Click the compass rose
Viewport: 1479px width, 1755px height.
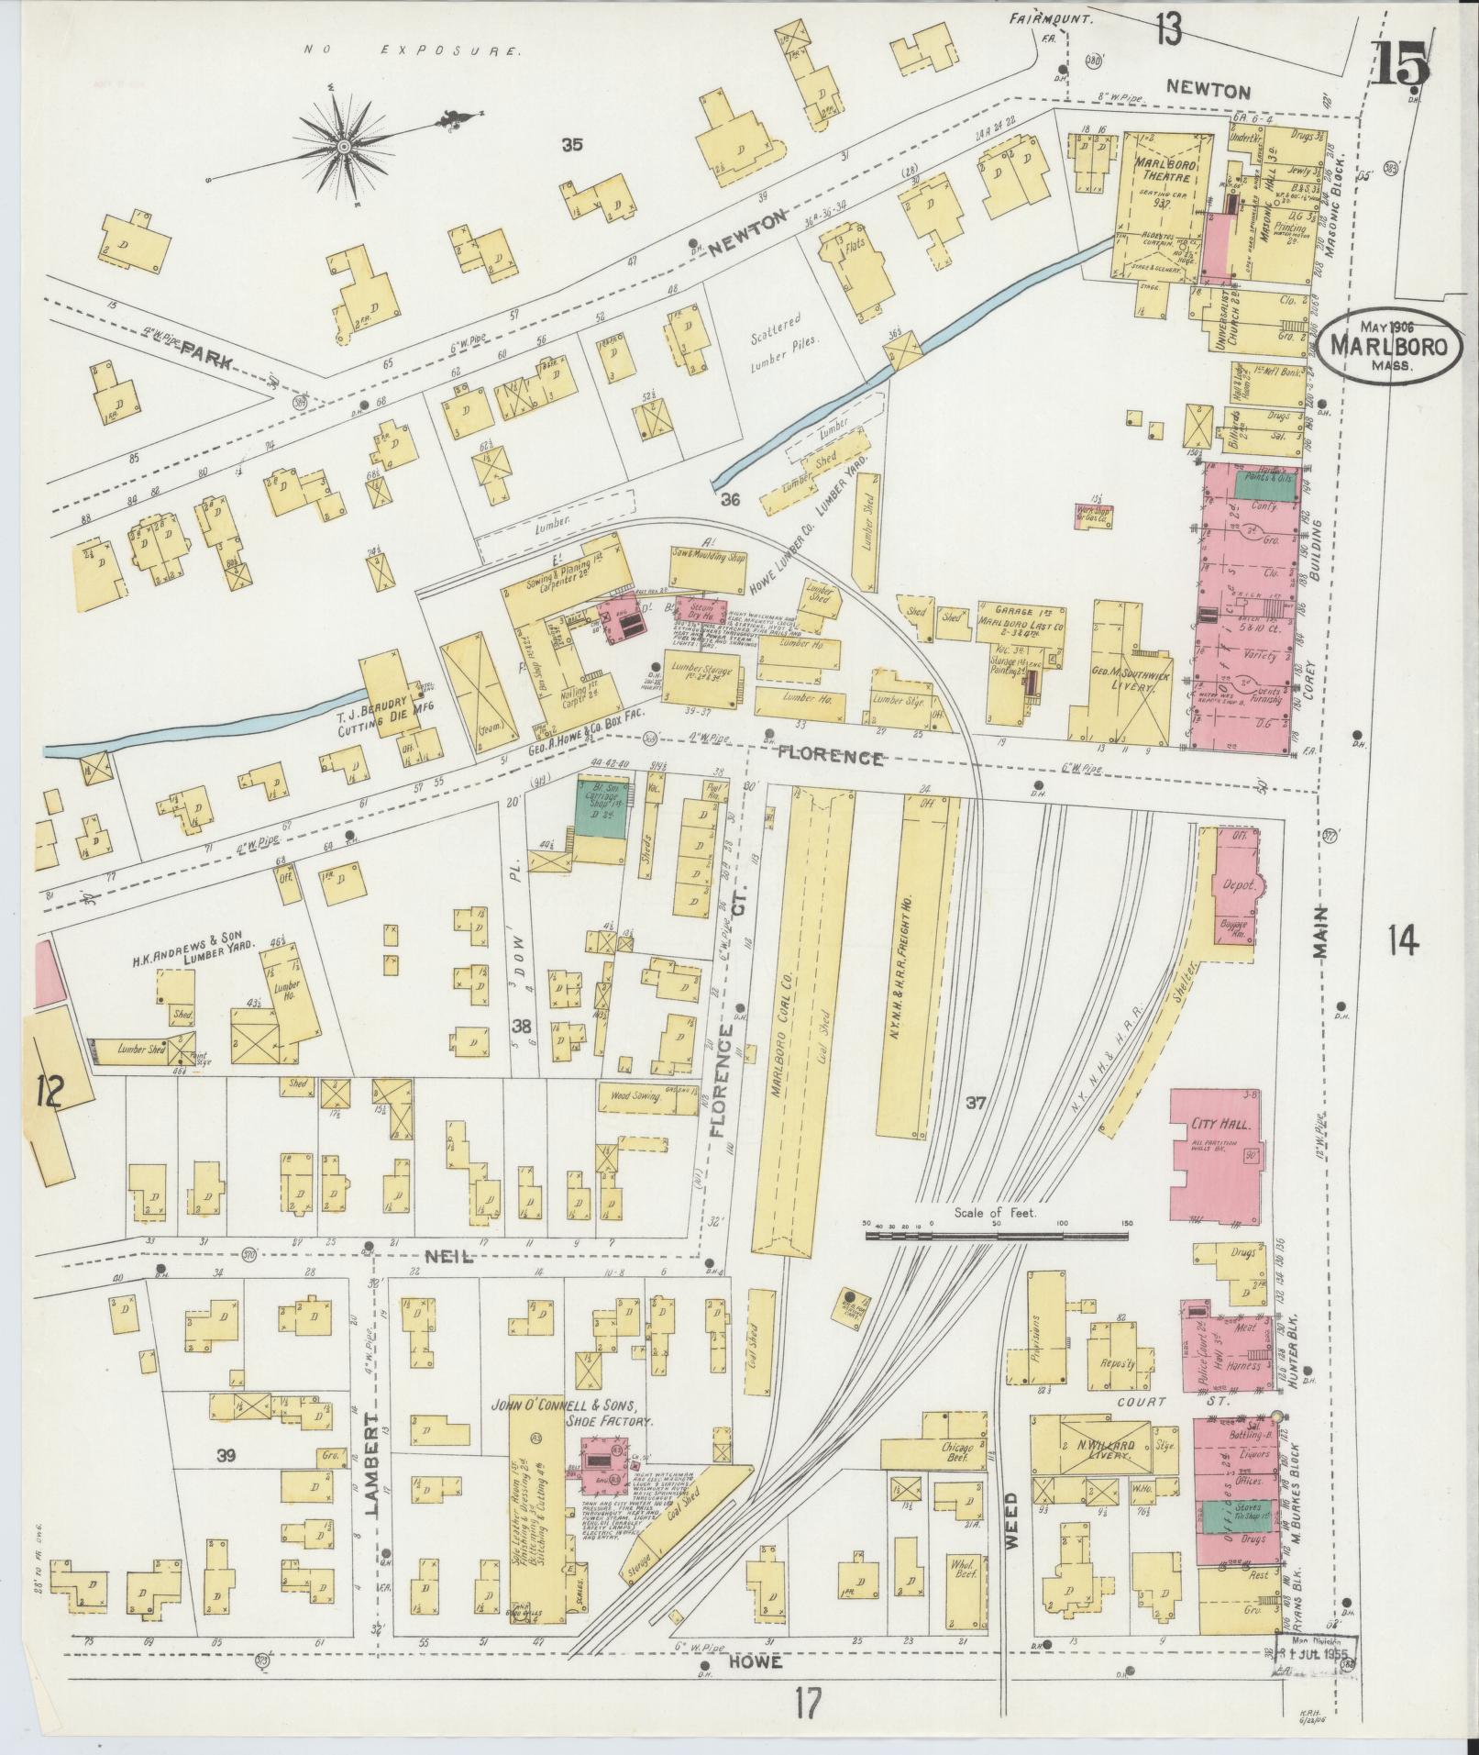(344, 145)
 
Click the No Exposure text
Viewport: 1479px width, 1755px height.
(411, 50)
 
